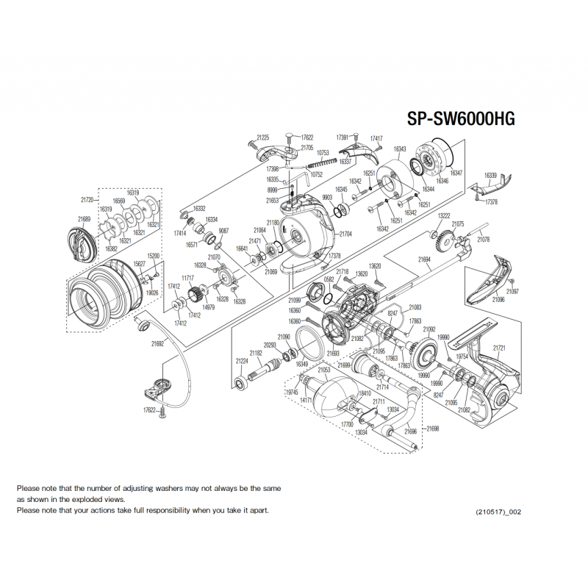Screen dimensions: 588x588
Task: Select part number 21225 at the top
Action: (263, 137)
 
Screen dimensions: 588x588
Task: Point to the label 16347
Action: (456, 172)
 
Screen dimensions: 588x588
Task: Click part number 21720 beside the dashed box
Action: (87, 199)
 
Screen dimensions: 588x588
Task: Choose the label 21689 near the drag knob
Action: (84, 218)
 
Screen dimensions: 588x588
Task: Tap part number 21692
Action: (157, 343)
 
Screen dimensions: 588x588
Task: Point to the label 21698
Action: (432, 427)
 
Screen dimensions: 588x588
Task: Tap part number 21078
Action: (483, 240)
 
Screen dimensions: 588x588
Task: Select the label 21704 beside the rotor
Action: (345, 233)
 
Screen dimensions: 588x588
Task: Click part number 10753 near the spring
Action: (323, 153)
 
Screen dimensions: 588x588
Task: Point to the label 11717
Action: (188, 279)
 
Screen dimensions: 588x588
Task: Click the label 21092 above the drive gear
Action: (430, 329)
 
